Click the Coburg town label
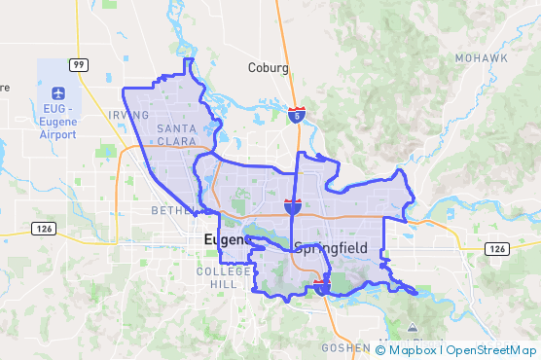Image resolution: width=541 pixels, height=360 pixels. coord(269,68)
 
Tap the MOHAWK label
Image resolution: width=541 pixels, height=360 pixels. coord(481,58)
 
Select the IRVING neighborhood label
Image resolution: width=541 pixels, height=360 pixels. coord(129,115)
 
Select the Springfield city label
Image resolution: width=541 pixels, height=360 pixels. coord(330,248)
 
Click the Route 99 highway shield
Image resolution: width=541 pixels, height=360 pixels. coord(78,64)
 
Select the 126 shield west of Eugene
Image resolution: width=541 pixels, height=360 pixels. coord(42,228)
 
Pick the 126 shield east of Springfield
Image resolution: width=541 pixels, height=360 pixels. coord(496,249)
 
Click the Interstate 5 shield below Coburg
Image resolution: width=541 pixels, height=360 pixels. coord(299,115)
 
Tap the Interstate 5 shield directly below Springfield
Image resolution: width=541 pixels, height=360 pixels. coord(322,285)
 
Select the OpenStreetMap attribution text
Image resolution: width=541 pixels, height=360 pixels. coord(491,349)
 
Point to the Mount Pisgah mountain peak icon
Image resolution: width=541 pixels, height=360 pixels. coord(413,325)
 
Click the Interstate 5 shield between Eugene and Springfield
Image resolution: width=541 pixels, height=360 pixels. coord(292,205)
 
